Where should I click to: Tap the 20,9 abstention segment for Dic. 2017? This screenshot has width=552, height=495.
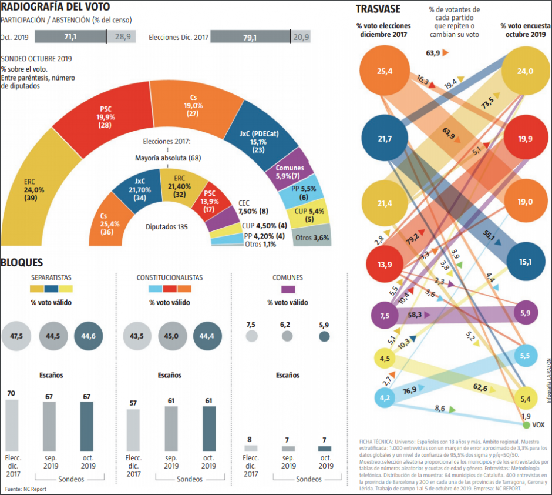pyautogui.click(x=301, y=37)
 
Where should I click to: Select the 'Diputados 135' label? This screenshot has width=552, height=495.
pyautogui.click(x=167, y=227)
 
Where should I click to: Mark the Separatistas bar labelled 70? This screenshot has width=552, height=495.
pyautogui.click(x=12, y=426)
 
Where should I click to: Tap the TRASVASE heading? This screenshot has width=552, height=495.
pyautogui.click(x=378, y=9)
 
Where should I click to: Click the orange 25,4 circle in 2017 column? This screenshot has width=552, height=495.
pyautogui.click(x=385, y=72)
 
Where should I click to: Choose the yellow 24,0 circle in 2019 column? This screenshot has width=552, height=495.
pyautogui.click(x=525, y=72)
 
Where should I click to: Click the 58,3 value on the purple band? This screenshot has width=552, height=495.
pyautogui.click(x=415, y=315)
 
